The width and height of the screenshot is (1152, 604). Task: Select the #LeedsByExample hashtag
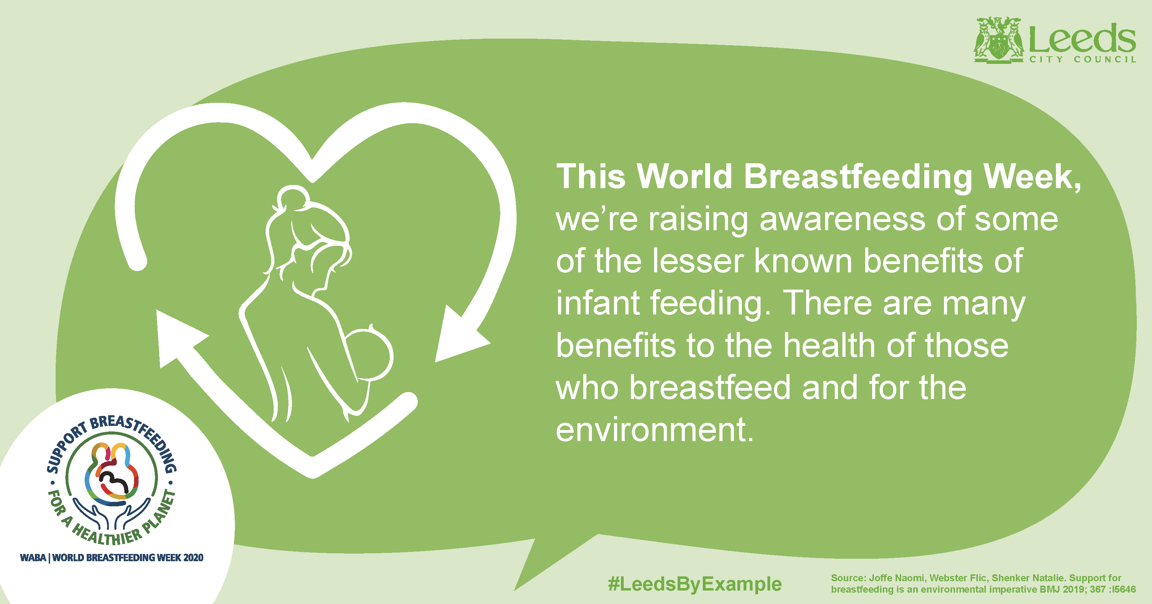coord(695,584)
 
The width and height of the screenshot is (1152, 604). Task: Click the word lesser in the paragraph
coord(698,261)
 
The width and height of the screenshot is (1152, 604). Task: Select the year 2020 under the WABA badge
coord(193,557)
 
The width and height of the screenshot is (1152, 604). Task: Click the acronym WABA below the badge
coord(32,557)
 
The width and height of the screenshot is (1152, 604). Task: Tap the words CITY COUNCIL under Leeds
coord(1083,59)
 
